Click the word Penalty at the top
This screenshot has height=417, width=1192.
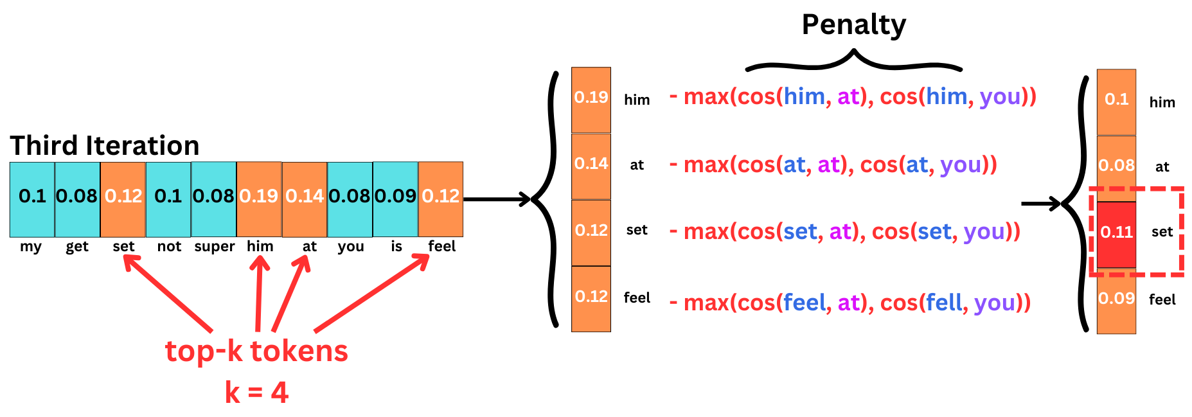coord(853,26)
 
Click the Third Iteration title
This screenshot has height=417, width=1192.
coord(104,146)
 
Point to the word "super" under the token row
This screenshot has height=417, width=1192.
coord(215,247)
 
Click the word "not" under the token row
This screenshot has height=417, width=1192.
coord(169,247)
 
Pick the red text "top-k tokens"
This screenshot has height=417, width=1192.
coord(256,351)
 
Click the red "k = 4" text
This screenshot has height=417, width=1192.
coord(256,393)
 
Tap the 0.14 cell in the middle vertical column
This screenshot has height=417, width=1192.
coord(591,165)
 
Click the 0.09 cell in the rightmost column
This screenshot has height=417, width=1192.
coord(1116,300)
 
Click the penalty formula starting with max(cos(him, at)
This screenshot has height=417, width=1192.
coord(853,97)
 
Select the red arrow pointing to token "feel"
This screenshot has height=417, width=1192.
coord(372,293)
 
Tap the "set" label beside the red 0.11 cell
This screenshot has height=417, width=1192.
coord(1162,232)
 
